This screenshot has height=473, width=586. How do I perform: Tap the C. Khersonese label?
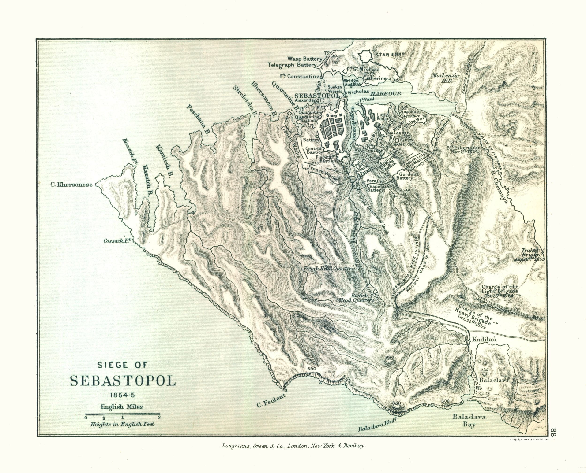coord(71,185)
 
